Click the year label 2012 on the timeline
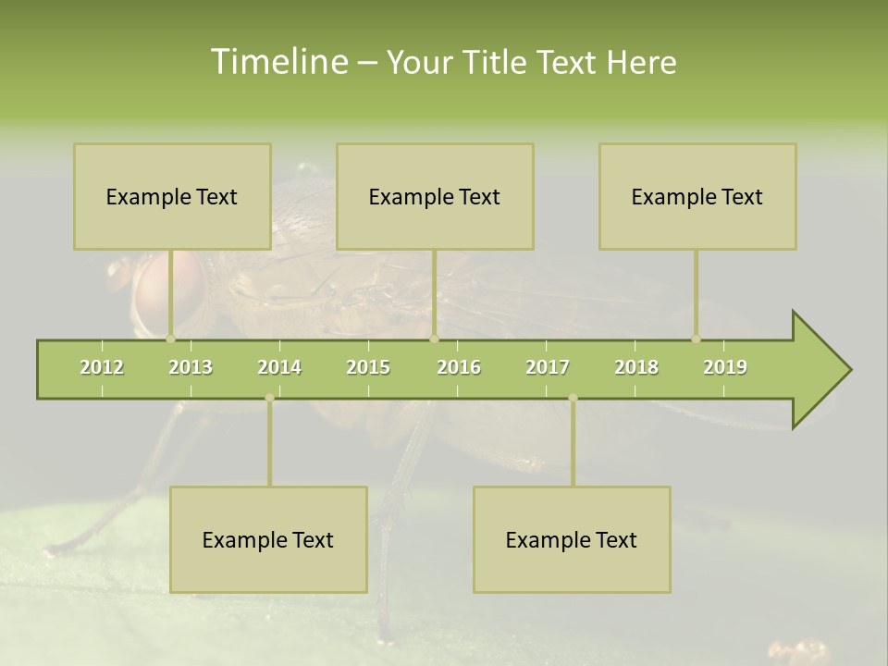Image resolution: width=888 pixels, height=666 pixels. click(x=102, y=367)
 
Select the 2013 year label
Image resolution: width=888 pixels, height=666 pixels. click(x=191, y=367)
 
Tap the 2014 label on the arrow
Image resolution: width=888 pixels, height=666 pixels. click(x=279, y=367)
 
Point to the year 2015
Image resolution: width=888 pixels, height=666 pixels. click(x=368, y=367)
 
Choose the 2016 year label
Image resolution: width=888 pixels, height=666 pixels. click(x=459, y=367)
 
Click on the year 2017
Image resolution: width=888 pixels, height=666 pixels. click(x=548, y=367)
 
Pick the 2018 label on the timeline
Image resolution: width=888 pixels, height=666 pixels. click(x=636, y=367)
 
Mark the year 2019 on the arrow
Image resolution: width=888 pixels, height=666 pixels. click(x=725, y=367)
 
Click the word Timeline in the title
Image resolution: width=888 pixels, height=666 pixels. click(x=277, y=62)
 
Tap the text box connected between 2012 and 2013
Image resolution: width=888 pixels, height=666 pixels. click(x=172, y=196)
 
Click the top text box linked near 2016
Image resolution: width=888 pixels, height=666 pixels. click(x=435, y=196)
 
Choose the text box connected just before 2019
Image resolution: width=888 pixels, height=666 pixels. click(x=697, y=196)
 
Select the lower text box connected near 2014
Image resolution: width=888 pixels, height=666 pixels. click(x=268, y=539)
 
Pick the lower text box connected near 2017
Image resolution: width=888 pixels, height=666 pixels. click(x=572, y=539)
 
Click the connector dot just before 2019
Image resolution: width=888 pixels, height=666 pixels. click(x=696, y=339)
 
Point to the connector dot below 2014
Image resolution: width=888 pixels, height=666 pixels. click(x=269, y=398)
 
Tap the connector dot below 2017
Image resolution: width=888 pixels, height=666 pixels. click(x=573, y=398)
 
